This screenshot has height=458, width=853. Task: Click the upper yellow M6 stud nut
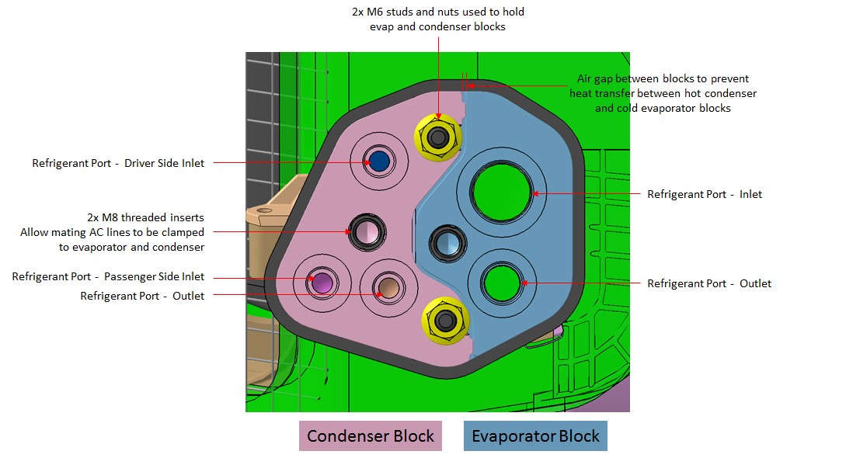[439, 138]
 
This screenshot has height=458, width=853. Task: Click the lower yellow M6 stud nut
[445, 320]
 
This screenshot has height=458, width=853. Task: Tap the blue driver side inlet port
[378, 161]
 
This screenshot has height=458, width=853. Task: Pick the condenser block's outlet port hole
[385, 286]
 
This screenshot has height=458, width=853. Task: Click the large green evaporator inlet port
[502, 192]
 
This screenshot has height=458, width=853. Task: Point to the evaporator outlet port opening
[500, 283]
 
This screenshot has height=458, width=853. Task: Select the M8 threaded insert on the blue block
[448, 243]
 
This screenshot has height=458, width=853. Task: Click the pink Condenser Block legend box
[371, 436]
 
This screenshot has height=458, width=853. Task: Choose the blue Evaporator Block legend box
[535, 436]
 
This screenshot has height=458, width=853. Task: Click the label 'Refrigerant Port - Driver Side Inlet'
[118, 163]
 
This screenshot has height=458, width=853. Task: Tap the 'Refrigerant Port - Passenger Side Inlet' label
[108, 276]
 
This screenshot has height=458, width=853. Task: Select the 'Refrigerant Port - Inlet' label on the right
[705, 194]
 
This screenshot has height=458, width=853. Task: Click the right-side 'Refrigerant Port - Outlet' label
[709, 283]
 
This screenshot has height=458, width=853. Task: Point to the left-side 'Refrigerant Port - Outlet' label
[142, 296]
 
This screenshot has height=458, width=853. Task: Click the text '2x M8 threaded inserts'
[145, 217]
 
